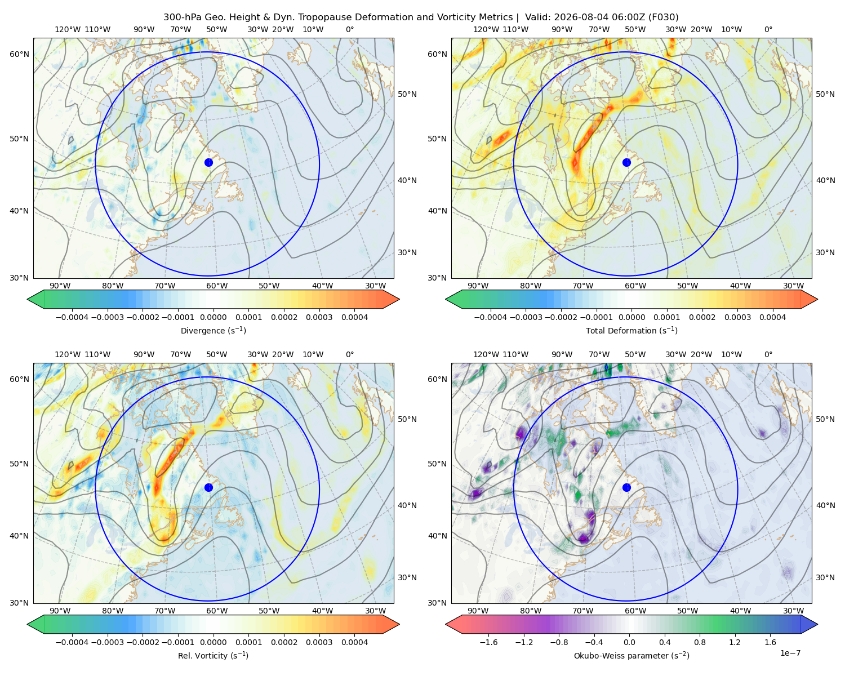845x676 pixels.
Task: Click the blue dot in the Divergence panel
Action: [x=208, y=162]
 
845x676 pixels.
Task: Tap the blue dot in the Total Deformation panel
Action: [x=626, y=162]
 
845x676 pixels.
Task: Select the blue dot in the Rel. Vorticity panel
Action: [x=208, y=487]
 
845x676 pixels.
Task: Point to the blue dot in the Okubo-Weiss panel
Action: [x=626, y=487]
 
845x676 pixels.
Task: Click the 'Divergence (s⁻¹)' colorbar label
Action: [x=213, y=330]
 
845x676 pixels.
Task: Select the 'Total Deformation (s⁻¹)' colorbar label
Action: [x=631, y=330]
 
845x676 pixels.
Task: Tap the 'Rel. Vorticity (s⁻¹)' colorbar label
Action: [x=213, y=655]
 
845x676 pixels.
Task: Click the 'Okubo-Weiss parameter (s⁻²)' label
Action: [x=631, y=655]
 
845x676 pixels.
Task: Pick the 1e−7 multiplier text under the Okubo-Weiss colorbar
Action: [x=790, y=653]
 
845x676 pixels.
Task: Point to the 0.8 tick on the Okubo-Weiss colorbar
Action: [x=700, y=642]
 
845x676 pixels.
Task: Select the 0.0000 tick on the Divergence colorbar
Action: [x=213, y=317]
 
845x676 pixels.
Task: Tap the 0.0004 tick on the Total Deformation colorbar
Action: [x=772, y=317]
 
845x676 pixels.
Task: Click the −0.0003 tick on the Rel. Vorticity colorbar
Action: [x=107, y=642]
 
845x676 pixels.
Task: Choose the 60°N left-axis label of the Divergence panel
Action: [x=19, y=54]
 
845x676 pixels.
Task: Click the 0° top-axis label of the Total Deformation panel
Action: [x=768, y=29]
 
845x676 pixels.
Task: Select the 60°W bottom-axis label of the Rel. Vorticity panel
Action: [x=217, y=611]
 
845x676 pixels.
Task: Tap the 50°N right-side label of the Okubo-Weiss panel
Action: [x=825, y=419]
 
